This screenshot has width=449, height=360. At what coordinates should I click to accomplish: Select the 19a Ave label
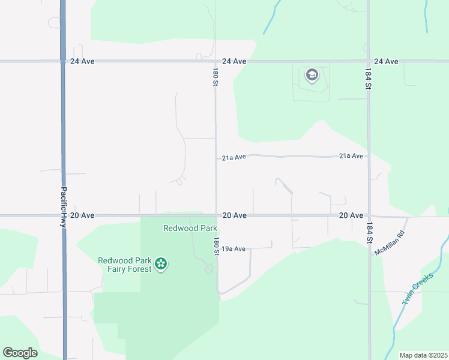(x=234, y=248)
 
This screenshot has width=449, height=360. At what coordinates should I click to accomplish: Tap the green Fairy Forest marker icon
(x=160, y=264)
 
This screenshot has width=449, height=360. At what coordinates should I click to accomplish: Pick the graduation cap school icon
(x=312, y=75)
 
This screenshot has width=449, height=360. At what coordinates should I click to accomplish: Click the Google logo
(x=20, y=352)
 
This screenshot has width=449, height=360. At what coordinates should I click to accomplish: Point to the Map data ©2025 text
(x=423, y=355)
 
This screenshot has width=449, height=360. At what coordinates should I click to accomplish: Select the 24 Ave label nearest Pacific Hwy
(x=82, y=61)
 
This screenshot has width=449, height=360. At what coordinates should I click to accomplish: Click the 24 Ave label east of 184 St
(x=386, y=61)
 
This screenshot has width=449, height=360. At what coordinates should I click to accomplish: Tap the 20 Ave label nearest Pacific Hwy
(x=82, y=215)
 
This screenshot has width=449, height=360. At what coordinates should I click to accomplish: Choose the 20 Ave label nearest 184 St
(x=351, y=215)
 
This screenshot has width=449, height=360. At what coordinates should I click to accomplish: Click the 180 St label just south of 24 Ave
(x=214, y=77)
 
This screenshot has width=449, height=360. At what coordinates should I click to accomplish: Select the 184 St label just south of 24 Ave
(x=369, y=78)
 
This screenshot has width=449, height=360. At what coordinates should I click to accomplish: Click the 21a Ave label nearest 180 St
(x=234, y=158)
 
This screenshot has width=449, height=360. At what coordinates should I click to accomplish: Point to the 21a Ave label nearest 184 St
(x=351, y=156)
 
